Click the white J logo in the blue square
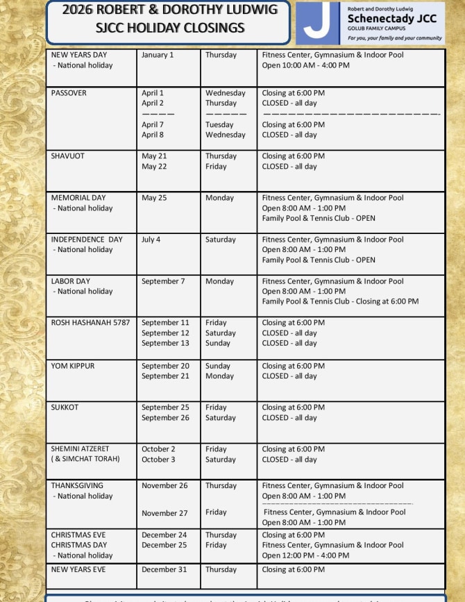[317, 22]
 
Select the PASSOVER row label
[69, 93]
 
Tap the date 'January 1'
[158, 55]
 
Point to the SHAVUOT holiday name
[68, 156]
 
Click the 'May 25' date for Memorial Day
[154, 198]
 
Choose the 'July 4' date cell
[151, 240]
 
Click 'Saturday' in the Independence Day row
[221, 240]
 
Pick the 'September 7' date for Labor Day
[163, 281]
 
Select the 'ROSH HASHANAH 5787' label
[90, 323]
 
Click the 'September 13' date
[165, 343]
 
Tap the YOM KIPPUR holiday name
[73, 366]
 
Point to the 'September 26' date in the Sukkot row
[165, 418]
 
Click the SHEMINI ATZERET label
[80, 449]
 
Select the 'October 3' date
[158, 460]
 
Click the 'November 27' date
[164, 513]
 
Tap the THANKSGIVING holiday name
[77, 486]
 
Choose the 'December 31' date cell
[164, 569]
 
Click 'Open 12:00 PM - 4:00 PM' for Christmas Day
[305, 555]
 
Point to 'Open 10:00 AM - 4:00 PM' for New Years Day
[305, 65]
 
